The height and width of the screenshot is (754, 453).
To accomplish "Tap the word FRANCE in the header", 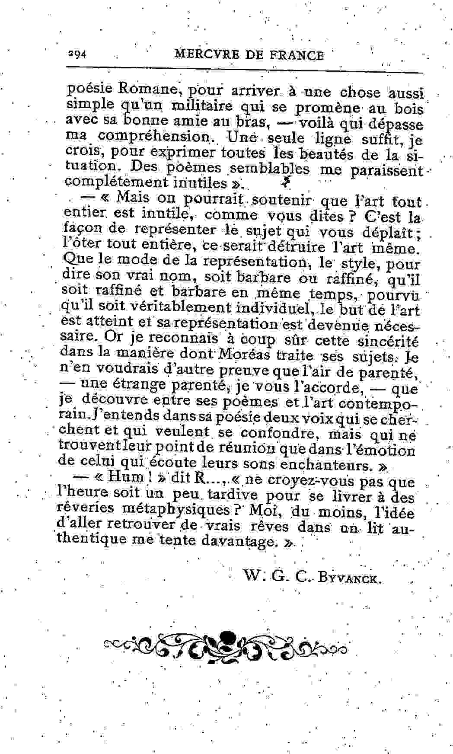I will [296, 55].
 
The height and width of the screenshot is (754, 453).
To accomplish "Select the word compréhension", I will [153, 137].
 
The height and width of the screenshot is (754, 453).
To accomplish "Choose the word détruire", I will [297, 248].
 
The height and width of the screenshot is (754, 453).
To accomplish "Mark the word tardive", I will [232, 494].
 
